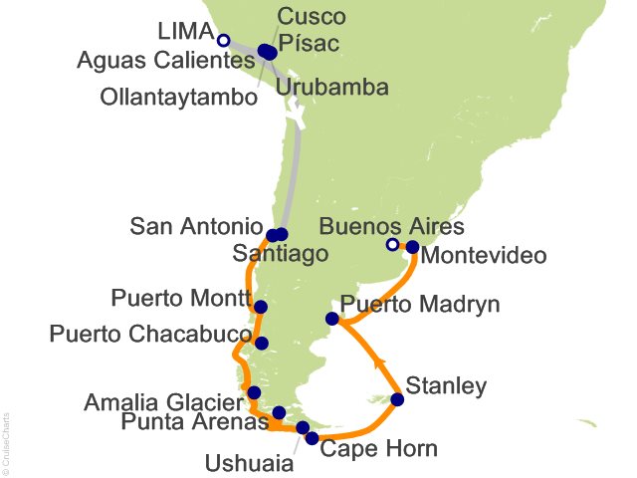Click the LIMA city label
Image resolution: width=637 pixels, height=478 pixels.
(x=186, y=34)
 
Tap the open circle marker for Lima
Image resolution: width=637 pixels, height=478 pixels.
(x=224, y=41)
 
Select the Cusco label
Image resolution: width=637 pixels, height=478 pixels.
(x=312, y=17)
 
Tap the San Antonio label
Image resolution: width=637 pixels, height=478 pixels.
(x=197, y=227)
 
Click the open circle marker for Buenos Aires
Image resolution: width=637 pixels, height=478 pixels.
(x=392, y=246)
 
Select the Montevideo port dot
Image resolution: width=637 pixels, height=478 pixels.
(x=412, y=246)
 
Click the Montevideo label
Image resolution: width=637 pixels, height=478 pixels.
(x=484, y=256)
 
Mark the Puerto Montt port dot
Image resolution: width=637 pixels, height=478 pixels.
(x=261, y=307)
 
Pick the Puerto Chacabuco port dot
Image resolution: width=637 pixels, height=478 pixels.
(x=261, y=344)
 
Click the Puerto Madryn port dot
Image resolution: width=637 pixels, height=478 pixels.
(x=332, y=319)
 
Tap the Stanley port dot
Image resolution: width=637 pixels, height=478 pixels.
(x=397, y=400)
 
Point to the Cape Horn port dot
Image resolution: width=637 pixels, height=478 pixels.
(x=313, y=438)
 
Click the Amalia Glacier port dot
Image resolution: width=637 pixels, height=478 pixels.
(x=255, y=392)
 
